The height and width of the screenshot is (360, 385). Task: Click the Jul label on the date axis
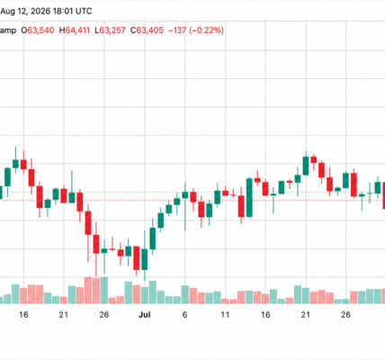(145, 315)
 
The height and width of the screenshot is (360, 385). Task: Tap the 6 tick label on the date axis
(184, 315)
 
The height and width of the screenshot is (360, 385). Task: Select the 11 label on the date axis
(225, 315)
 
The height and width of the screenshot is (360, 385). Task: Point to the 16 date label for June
(23, 315)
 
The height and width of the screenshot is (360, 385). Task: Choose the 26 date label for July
(345, 315)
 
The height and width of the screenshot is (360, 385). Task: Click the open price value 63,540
(40, 31)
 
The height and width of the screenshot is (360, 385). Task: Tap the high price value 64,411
(77, 31)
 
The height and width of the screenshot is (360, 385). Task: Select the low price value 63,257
(112, 31)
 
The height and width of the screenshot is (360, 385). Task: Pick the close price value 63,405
(150, 31)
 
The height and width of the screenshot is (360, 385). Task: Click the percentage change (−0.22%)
(207, 31)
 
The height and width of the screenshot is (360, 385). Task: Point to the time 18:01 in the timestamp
(62, 12)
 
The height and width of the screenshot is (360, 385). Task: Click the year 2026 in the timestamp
(41, 12)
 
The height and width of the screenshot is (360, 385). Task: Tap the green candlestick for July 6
(185, 195)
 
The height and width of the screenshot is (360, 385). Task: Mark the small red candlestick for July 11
(225, 193)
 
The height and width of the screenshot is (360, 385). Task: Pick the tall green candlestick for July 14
(249, 197)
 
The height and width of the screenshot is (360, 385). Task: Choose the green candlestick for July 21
(306, 166)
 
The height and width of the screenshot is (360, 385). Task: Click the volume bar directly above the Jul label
(145, 295)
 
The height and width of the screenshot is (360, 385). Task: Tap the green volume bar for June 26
(104, 291)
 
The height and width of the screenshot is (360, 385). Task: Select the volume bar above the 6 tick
(185, 294)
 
